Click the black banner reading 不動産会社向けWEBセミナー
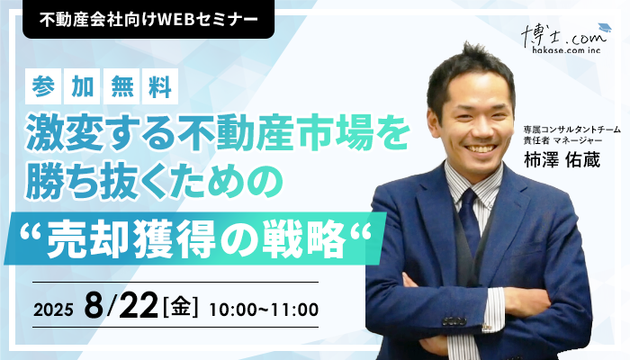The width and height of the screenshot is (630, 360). tap(148, 19)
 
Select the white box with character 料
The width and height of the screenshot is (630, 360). tap(160, 86)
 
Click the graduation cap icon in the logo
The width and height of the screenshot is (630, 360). tap(604, 27)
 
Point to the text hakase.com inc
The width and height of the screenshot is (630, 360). tap(566, 50)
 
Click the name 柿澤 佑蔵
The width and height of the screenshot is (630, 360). tap(562, 160)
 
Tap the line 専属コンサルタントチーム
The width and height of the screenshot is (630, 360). tap(571, 130)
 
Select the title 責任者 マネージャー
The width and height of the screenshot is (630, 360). tap(562, 139)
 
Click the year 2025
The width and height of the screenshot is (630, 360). tap(53, 310)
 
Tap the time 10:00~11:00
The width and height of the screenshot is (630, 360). tap(264, 310)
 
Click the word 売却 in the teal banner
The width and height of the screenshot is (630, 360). tap(89, 240)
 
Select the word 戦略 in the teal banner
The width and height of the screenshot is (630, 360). tap(304, 240)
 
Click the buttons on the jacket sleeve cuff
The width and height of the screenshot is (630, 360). tap(454, 321)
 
